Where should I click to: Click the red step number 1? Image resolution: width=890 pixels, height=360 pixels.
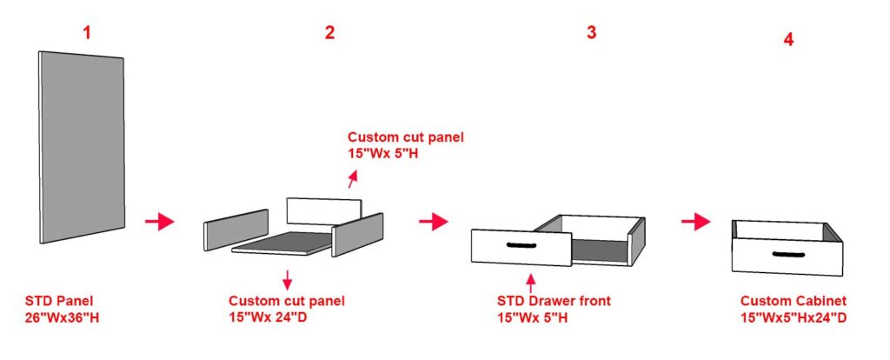point(87,33)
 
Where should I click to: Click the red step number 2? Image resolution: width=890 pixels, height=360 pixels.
point(329,33)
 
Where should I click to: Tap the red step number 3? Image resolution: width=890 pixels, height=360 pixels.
point(591,33)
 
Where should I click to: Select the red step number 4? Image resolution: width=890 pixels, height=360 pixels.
point(788,40)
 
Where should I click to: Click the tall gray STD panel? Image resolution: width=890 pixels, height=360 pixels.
point(82,147)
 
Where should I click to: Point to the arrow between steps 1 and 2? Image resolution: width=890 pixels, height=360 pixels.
point(160,222)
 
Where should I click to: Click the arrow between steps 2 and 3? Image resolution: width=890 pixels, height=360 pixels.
point(434,222)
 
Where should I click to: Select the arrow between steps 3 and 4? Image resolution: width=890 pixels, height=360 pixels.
point(696,222)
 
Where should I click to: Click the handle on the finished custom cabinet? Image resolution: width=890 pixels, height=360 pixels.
point(789,254)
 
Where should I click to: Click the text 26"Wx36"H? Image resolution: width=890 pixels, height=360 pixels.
point(62,317)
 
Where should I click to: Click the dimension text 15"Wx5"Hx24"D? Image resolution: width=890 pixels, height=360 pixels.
point(794,317)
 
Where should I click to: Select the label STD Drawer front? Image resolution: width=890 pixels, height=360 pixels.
point(554,300)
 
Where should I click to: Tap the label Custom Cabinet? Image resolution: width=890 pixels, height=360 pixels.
point(794,301)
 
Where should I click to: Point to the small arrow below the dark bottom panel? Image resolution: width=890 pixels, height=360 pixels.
point(287,279)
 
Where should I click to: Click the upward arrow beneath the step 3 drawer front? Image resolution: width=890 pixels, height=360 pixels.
point(531,283)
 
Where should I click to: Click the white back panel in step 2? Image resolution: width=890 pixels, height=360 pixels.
point(323,211)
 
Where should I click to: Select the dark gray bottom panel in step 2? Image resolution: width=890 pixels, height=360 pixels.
point(281,243)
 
